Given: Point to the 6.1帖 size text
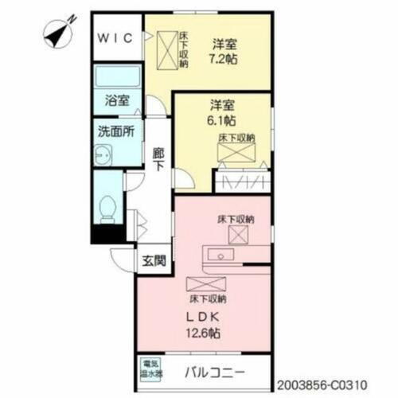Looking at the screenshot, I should click(x=222, y=121).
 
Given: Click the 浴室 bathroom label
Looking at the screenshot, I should click(x=117, y=101).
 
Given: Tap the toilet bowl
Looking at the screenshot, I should click(x=108, y=209).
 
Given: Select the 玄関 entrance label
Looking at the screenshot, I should click(x=154, y=260).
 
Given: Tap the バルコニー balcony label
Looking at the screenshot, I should click(x=215, y=372).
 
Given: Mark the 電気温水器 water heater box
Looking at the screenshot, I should click(x=152, y=369).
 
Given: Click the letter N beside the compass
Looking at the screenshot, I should click(x=72, y=18).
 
